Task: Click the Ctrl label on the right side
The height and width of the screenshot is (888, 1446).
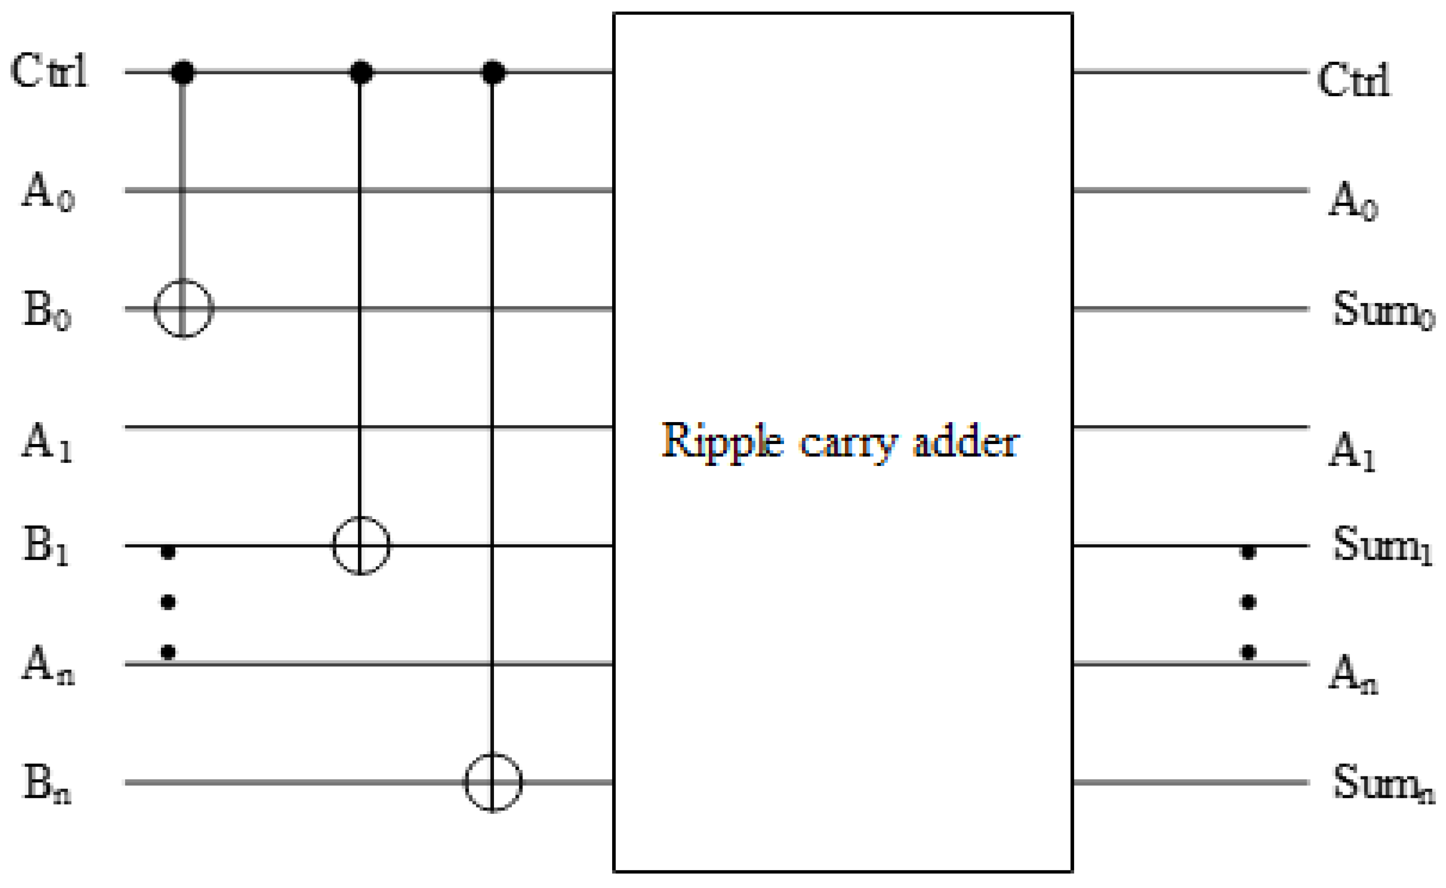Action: [1353, 80]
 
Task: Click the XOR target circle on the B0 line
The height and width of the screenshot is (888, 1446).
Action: [183, 309]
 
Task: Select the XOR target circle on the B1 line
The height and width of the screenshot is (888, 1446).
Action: [360, 546]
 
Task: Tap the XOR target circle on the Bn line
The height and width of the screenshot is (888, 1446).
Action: [493, 782]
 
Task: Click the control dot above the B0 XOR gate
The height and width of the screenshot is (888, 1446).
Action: [182, 72]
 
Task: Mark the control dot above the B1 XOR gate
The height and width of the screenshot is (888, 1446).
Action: [360, 72]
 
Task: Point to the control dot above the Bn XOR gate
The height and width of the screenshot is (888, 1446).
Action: [493, 72]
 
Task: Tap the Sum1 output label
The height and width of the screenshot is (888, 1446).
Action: [1381, 545]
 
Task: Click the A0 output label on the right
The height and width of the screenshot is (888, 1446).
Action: [1352, 201]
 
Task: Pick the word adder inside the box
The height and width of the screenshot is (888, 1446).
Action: [965, 442]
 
